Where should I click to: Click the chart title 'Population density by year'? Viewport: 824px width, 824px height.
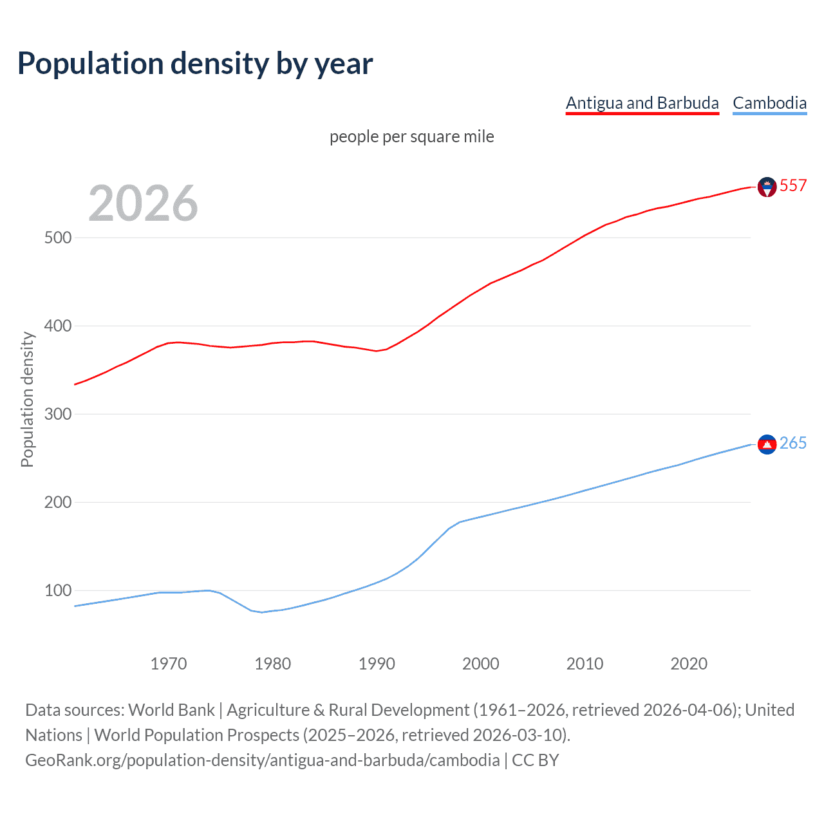pyautogui.click(x=195, y=64)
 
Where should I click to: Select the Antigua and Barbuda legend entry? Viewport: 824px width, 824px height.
pyautogui.click(x=642, y=103)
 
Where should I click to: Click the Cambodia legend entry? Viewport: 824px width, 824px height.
pyautogui.click(x=769, y=103)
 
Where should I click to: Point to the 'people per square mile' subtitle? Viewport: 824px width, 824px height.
pyautogui.click(x=411, y=136)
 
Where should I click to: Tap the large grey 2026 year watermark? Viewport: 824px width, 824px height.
pyautogui.click(x=143, y=203)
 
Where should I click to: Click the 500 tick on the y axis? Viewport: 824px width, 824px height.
pyautogui.click(x=58, y=238)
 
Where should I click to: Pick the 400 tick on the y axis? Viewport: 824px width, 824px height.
pyautogui.click(x=58, y=326)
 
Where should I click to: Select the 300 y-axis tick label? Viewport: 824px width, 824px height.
pyautogui.click(x=58, y=414)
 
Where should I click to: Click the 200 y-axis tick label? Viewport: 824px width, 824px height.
pyautogui.click(x=58, y=502)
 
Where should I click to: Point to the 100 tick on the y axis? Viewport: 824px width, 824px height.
pyautogui.click(x=58, y=590)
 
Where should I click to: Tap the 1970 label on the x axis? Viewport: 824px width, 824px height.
pyautogui.click(x=169, y=664)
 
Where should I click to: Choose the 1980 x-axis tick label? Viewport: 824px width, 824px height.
pyautogui.click(x=272, y=664)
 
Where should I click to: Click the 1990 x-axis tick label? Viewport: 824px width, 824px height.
pyautogui.click(x=377, y=664)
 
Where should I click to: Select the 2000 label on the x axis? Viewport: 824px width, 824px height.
pyautogui.click(x=481, y=664)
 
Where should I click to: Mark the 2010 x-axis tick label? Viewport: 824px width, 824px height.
pyautogui.click(x=585, y=664)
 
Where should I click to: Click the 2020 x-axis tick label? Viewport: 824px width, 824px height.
pyautogui.click(x=689, y=664)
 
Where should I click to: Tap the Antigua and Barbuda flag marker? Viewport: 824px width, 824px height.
pyautogui.click(x=767, y=187)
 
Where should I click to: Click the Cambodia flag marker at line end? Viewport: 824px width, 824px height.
pyautogui.click(x=767, y=444)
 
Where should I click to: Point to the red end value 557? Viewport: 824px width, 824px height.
pyautogui.click(x=793, y=186)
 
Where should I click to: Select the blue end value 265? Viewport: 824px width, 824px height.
pyautogui.click(x=793, y=444)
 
